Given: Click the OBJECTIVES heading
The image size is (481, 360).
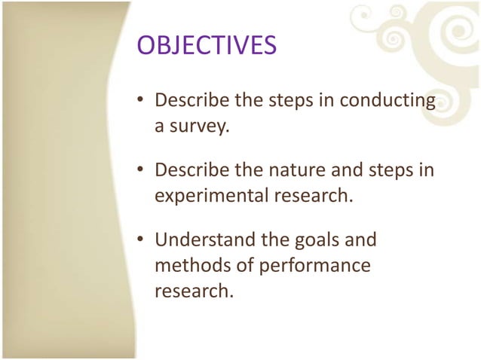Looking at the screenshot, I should pos(206,46).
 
